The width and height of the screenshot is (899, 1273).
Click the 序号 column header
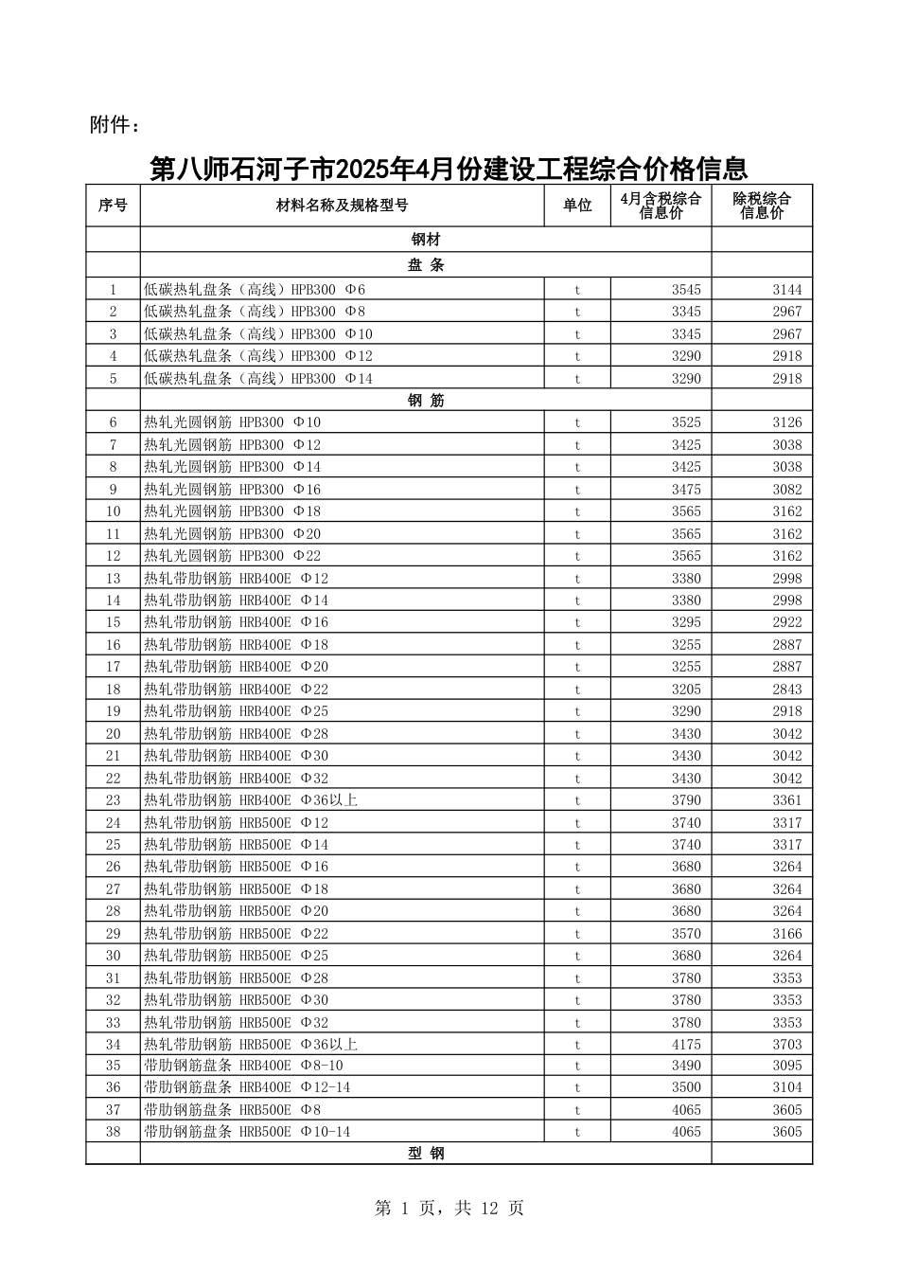pos(113,206)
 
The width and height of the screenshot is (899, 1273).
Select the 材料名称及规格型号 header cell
pos(342,206)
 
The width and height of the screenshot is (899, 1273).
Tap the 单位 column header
pos(577,206)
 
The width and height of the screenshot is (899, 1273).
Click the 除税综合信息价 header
pos(762,206)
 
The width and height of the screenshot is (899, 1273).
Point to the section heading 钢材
pos(426,241)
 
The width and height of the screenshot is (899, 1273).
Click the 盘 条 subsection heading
pos(426,265)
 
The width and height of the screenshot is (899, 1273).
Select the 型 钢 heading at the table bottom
pos(426,1154)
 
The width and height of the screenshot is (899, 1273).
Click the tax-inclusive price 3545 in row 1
pos(686,290)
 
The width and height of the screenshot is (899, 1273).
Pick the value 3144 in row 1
pos(786,290)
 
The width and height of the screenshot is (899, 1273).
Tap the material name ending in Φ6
pos(254,290)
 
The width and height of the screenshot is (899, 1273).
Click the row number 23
pos(114,800)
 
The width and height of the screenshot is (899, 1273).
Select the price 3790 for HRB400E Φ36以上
pos(686,800)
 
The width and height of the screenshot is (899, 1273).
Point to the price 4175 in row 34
pos(686,1044)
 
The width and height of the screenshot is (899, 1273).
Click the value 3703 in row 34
pos(786,1044)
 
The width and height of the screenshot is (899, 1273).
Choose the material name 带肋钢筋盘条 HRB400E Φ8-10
pos(243,1066)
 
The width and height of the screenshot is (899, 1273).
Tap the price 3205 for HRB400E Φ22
pos(686,690)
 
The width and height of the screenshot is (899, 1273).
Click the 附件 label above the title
pos(115,125)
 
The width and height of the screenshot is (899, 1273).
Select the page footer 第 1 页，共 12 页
pos(449,1208)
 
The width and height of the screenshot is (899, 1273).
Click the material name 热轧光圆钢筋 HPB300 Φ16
pos(232,490)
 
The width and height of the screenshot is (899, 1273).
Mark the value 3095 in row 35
pos(786,1066)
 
